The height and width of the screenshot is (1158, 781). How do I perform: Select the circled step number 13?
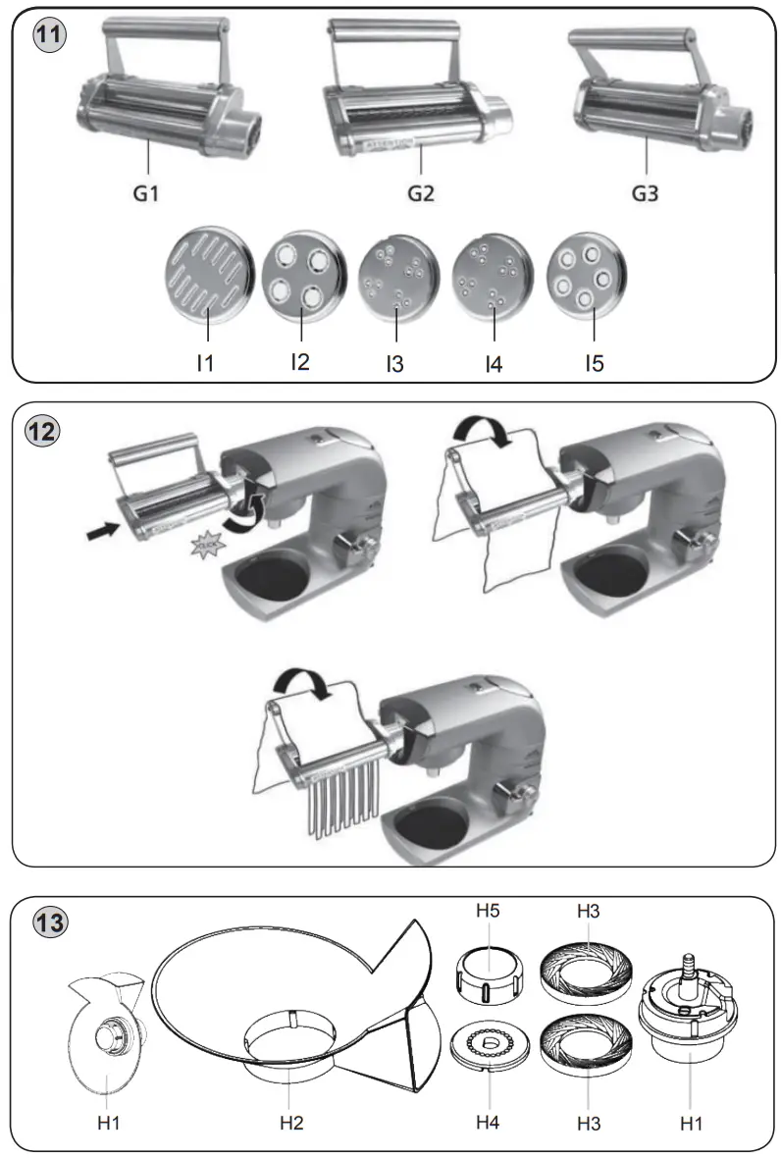(x=50, y=923)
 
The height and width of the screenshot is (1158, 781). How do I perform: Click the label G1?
(x=146, y=193)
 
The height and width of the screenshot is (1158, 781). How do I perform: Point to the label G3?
(x=645, y=193)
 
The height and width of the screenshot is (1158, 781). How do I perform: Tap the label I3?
(x=394, y=364)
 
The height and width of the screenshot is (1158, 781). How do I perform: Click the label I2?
(x=300, y=361)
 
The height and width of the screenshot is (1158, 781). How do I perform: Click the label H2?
(x=291, y=1122)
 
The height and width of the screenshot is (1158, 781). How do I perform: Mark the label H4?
(x=488, y=1121)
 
